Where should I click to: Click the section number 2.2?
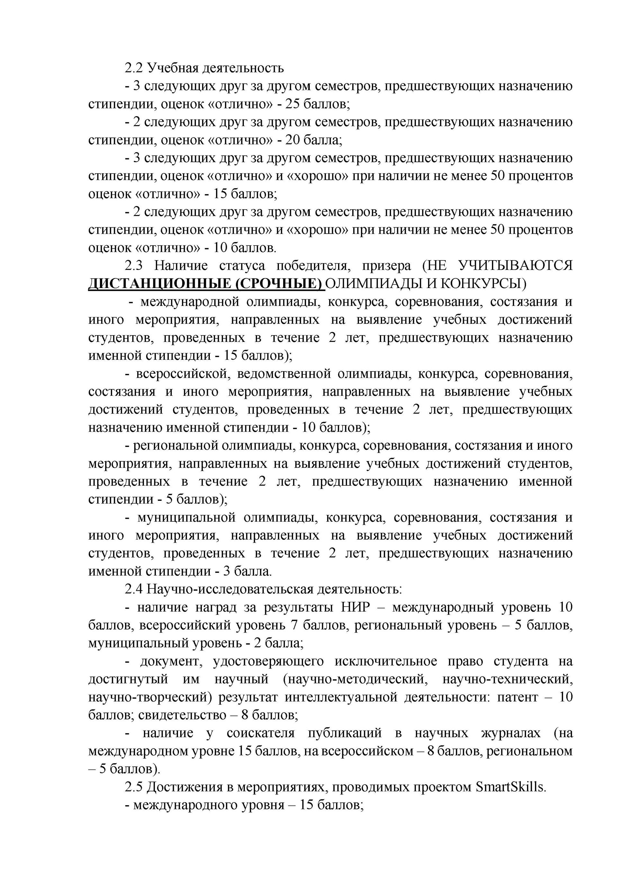(x=133, y=68)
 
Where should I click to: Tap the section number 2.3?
(x=133, y=266)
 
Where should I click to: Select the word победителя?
(x=313, y=266)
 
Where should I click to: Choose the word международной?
(x=189, y=302)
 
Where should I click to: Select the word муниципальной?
(x=186, y=518)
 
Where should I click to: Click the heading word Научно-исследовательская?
(x=230, y=589)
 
